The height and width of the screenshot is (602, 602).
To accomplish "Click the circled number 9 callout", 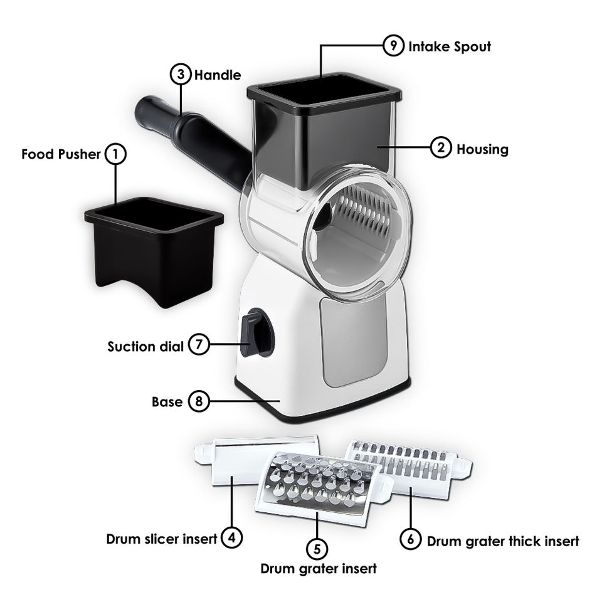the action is [x=393, y=46].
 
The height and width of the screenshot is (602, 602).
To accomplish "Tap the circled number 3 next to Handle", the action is [x=181, y=75].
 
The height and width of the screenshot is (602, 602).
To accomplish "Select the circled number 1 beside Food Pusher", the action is [x=115, y=154].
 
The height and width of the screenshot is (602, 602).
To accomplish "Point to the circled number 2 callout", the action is [x=441, y=149].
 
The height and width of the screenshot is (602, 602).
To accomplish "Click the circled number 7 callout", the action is [x=198, y=346].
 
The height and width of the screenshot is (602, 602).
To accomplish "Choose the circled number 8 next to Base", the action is [x=198, y=401].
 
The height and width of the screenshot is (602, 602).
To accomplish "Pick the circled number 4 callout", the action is [x=232, y=537].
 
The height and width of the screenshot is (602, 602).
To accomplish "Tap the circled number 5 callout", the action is [x=317, y=549].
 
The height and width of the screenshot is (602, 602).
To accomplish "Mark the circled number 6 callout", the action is [x=411, y=540].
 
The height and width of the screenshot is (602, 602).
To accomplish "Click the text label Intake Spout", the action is [x=450, y=46].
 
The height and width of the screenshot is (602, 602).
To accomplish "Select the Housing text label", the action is [x=482, y=149].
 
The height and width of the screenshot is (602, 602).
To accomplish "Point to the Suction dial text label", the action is [x=145, y=346].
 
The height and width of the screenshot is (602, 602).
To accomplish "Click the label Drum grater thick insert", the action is [x=503, y=541].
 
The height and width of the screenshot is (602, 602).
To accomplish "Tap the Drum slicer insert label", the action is [x=162, y=538].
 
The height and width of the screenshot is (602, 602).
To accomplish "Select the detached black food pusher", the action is [x=153, y=251].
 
